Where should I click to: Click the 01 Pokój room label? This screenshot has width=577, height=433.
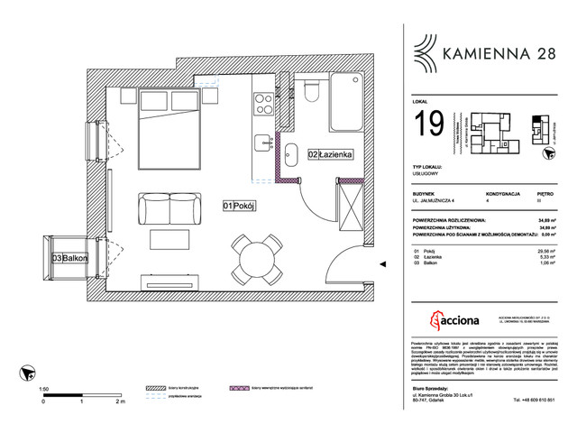[x=241, y=207]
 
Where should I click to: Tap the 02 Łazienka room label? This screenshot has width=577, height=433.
[x=330, y=154]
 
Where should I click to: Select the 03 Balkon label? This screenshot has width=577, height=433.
[x=69, y=259]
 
